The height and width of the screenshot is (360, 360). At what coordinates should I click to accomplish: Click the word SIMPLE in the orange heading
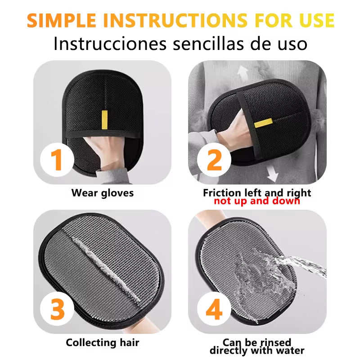(x=61, y=21)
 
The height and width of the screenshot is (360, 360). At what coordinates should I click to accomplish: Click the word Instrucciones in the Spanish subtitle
(x=110, y=43)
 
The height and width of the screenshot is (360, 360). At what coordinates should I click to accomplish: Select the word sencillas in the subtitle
(x=208, y=43)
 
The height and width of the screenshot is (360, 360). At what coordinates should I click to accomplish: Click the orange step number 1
(x=57, y=160)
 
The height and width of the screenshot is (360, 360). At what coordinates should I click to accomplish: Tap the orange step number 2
(x=214, y=160)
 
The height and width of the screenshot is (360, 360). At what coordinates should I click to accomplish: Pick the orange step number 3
(x=58, y=309)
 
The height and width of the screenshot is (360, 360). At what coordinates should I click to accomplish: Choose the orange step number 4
(x=214, y=309)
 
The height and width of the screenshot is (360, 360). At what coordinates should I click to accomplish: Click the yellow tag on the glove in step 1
(x=104, y=120)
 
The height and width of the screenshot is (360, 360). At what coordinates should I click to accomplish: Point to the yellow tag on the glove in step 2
(x=263, y=123)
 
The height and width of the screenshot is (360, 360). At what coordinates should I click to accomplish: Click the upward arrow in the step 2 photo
(x=243, y=73)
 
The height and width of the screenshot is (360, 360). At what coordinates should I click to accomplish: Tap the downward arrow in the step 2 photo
(x=273, y=174)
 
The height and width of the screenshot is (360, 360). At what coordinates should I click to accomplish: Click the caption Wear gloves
(x=103, y=193)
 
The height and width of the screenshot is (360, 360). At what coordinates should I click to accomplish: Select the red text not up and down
(x=257, y=201)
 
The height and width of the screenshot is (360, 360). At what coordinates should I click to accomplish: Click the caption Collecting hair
(x=103, y=342)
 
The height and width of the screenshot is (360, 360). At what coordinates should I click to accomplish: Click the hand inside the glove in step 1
(x=104, y=152)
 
